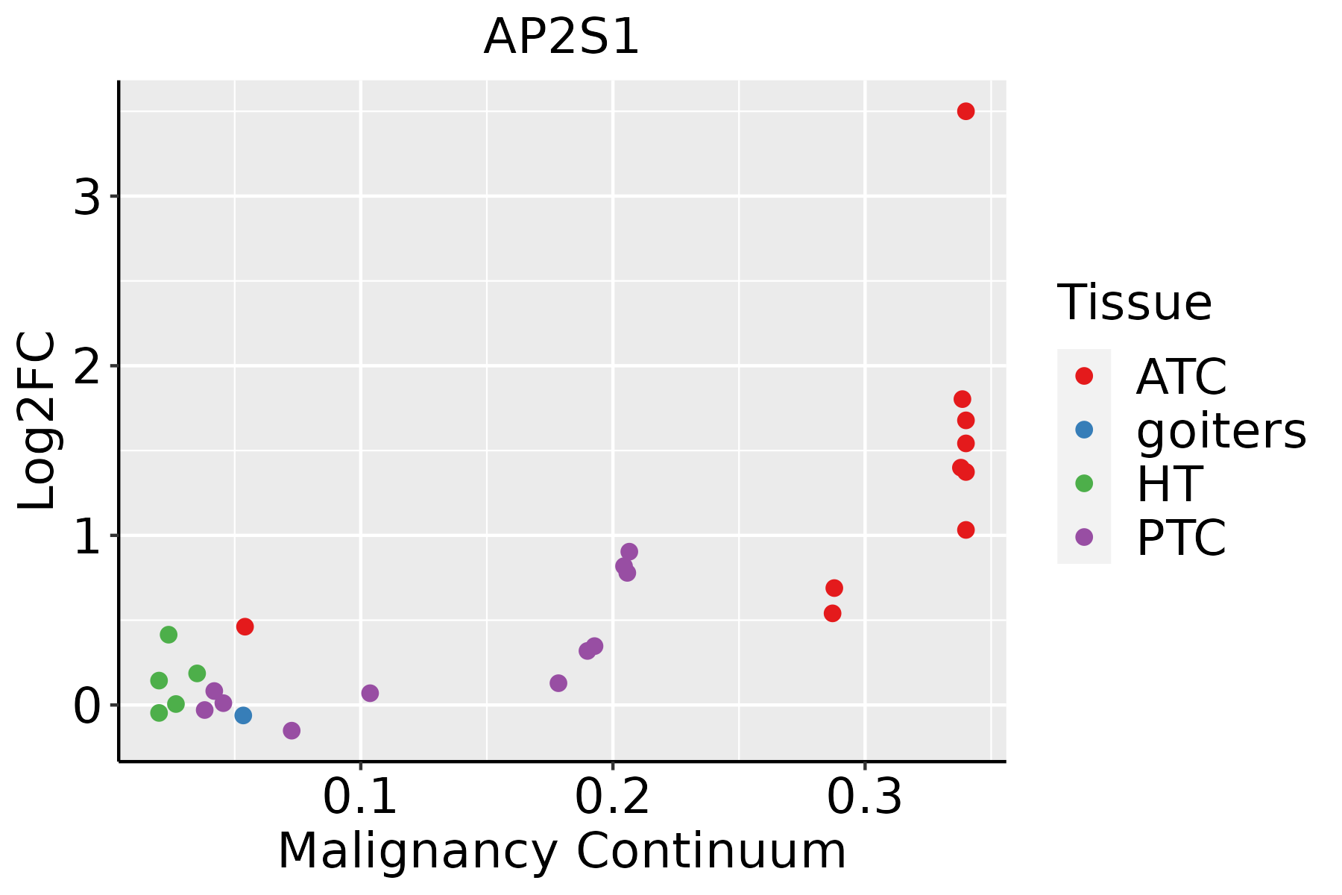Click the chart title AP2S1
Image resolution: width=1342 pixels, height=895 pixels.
(x=561, y=37)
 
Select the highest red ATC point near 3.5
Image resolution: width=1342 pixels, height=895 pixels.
(x=965, y=112)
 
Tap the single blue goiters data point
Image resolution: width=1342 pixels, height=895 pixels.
(x=243, y=715)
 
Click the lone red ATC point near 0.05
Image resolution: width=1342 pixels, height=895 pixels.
(x=245, y=626)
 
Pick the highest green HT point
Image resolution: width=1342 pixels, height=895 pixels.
(x=168, y=635)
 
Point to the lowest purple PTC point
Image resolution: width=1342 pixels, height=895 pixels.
(x=292, y=730)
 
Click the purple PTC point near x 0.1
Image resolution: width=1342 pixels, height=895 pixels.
(x=370, y=693)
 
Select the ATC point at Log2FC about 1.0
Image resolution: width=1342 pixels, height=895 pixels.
(x=965, y=530)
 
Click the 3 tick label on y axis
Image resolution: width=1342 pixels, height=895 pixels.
(x=87, y=198)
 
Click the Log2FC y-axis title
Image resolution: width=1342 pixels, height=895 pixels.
(x=37, y=421)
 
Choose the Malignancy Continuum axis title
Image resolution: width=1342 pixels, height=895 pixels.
(x=561, y=852)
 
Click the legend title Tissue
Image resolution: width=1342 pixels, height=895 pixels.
(x=1134, y=303)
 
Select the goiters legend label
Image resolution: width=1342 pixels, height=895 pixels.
(x=1220, y=430)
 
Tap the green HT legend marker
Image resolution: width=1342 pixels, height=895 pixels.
(x=1084, y=483)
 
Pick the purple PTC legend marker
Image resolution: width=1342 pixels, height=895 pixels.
(x=1084, y=536)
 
